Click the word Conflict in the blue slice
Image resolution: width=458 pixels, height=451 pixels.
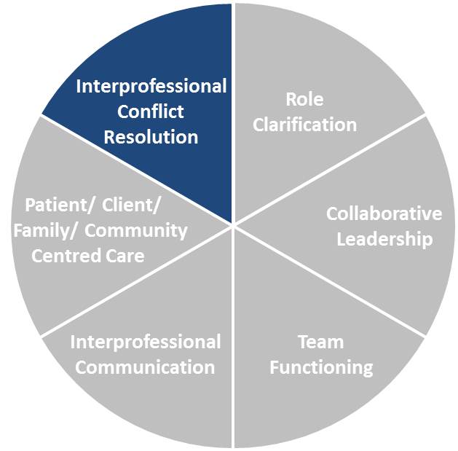click(151, 111)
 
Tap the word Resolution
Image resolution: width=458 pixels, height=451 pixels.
click(151, 136)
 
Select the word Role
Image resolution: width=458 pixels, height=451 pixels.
click(304, 99)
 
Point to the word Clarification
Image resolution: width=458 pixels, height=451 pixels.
click(304, 124)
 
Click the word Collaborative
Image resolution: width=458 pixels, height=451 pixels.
click(384, 213)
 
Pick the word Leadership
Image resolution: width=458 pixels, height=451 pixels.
click(384, 239)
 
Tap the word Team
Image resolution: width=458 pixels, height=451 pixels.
click(320, 342)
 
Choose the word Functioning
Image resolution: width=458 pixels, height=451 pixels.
click(320, 366)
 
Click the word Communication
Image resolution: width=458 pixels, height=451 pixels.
click(145, 366)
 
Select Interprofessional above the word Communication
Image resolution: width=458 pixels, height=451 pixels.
click(145, 342)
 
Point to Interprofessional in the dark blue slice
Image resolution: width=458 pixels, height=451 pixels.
click(151, 87)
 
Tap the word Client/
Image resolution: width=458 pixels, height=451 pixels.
click(131, 205)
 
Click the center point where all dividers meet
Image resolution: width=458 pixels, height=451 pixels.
click(233, 224)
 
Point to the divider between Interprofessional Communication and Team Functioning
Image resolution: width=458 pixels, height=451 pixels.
click(233, 335)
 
